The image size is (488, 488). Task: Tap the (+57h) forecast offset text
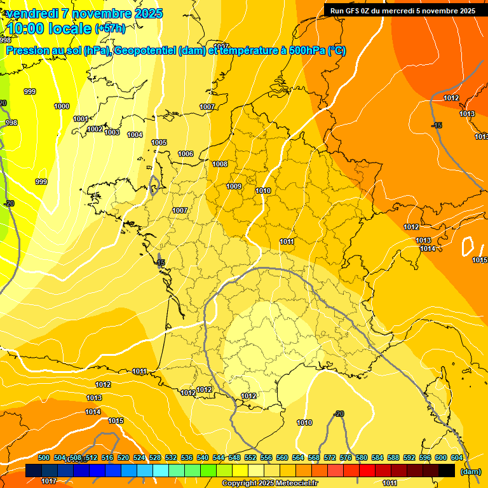coord(110,29)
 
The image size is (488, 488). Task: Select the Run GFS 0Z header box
coord(403,11)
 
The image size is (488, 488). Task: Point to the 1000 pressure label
coord(62,106)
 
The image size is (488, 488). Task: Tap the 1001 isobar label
coord(81,119)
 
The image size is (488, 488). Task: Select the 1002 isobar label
coord(95,129)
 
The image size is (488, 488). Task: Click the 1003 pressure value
coord(112,132)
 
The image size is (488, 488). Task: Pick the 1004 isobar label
coord(135,135)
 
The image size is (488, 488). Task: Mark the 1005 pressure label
coord(159,142)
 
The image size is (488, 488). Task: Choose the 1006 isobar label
coord(186,154)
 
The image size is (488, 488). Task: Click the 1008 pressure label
coord(220,164)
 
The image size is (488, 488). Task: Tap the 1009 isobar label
coord(234,186)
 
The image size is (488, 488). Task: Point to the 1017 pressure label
coord(49,481)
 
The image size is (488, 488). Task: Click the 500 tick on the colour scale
coord(44,457)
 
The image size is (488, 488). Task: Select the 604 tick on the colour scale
coord(457,457)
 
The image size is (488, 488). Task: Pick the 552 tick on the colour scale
coord(250,457)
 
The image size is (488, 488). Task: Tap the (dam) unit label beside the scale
coord(470,471)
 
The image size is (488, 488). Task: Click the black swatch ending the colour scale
coord(447,471)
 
